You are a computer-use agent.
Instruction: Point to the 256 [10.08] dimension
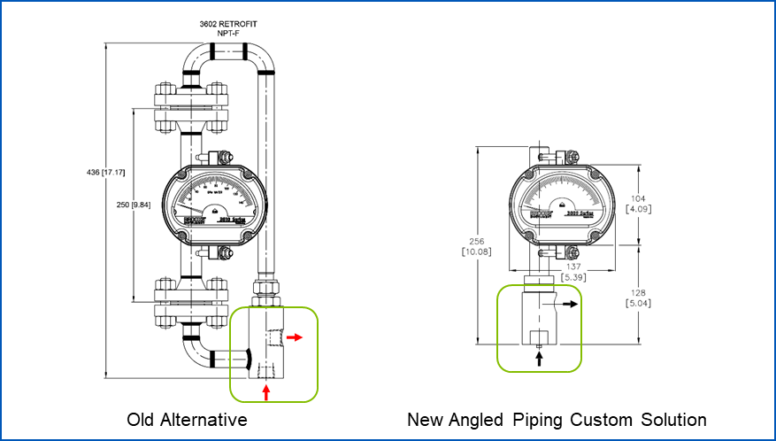tap(478, 245)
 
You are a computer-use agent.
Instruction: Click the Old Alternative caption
tap(187, 419)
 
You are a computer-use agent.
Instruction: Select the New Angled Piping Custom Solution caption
tap(557, 419)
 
